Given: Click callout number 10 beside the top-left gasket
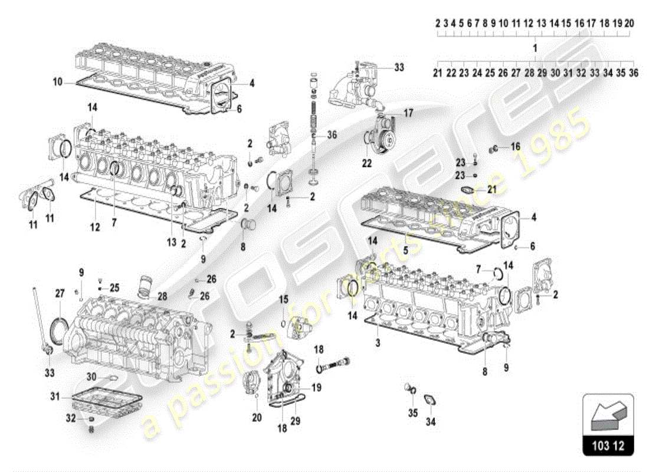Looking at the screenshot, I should click(x=58, y=83).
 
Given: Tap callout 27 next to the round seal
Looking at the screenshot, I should click(x=60, y=293).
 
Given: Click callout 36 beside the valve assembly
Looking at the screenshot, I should click(x=332, y=134).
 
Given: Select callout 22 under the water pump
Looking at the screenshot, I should click(x=367, y=163).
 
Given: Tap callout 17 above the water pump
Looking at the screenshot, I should click(x=408, y=112).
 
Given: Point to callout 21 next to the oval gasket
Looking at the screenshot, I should click(x=493, y=188).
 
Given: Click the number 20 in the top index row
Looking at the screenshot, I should click(x=629, y=23).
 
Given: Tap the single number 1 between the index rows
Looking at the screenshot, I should click(x=535, y=47).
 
